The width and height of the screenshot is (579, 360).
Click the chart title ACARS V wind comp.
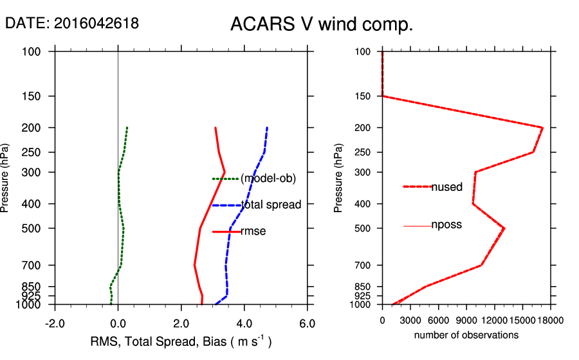point(321,25)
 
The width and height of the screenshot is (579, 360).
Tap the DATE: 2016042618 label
point(72,23)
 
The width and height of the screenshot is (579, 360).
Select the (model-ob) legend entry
point(268,179)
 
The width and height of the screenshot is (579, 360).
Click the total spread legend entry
point(270,205)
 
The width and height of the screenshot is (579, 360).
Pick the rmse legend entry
point(253,231)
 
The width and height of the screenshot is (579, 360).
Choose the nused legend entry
point(446,187)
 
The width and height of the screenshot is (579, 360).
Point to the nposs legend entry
point(446,226)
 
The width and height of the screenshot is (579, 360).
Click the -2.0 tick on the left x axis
point(55,323)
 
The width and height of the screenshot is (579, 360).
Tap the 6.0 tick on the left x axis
point(308,323)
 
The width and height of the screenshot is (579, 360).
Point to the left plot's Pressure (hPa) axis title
point(6,177)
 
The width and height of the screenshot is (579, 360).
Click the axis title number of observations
point(466,335)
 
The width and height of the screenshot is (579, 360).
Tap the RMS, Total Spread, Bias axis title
point(180,341)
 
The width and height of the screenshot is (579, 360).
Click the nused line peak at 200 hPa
point(542,128)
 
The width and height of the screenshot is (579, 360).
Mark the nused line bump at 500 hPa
point(504,228)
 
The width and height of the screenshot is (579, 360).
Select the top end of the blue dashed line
point(267,128)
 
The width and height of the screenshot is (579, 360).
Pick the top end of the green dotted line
point(127,128)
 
